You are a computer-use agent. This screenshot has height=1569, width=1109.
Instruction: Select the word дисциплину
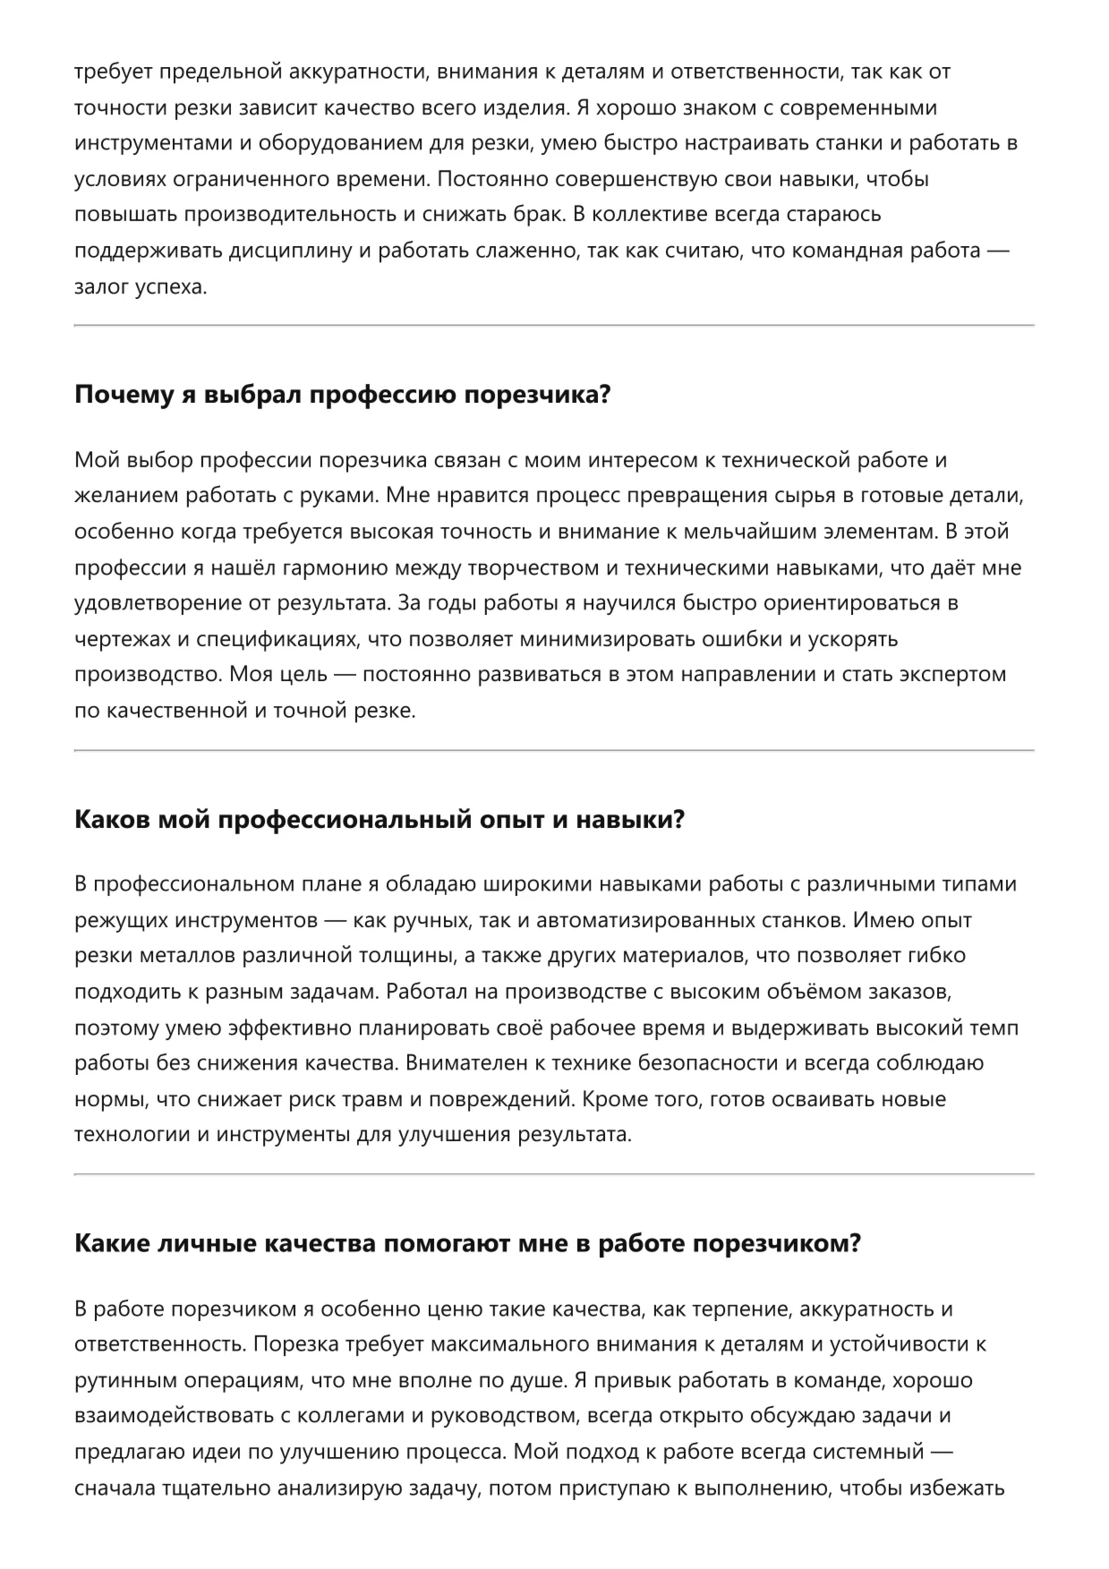(x=293, y=251)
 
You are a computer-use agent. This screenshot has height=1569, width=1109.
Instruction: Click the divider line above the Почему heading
(x=554, y=325)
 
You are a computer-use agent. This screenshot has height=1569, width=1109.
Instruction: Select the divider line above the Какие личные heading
(x=554, y=1173)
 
